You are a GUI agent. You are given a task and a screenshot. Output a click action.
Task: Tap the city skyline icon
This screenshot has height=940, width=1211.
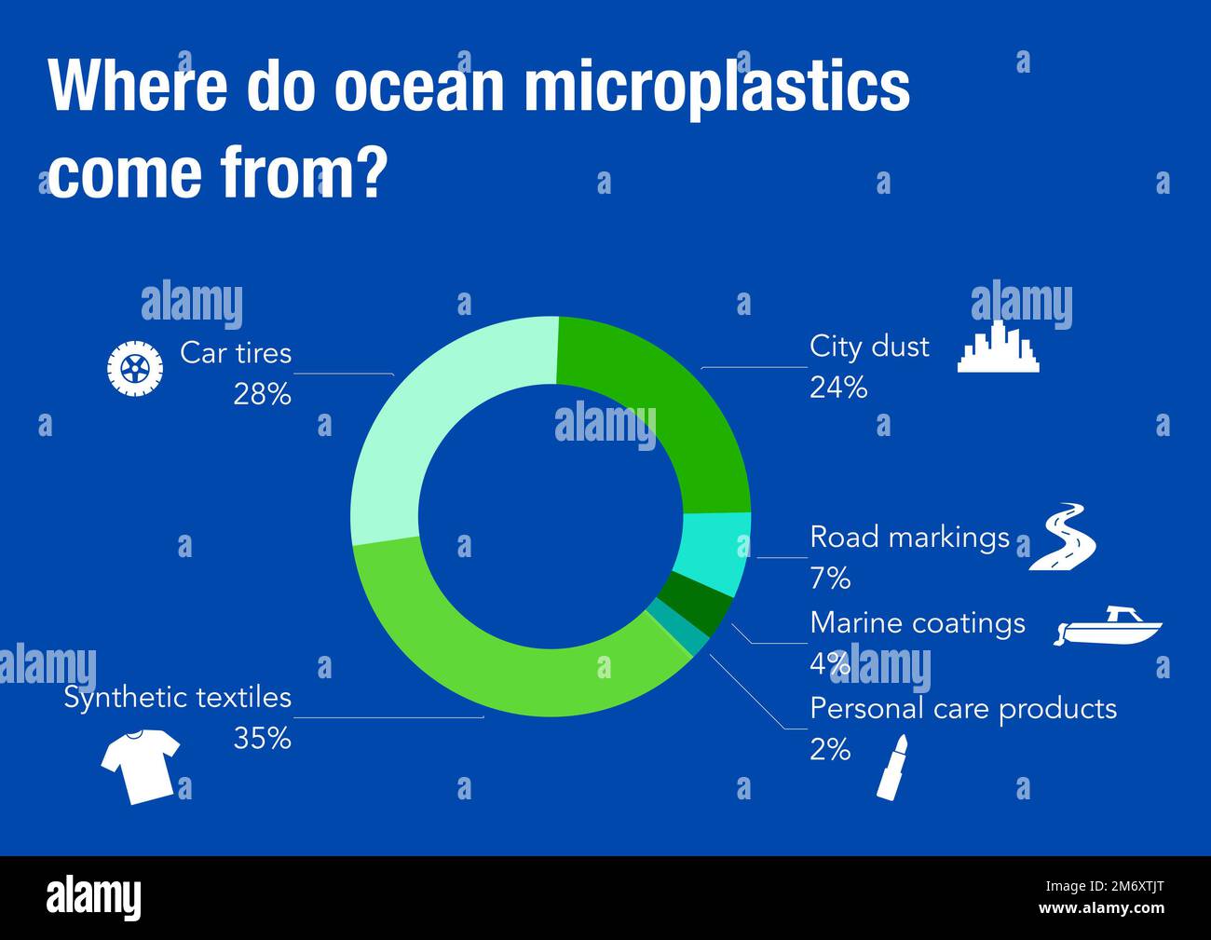tap(999, 348)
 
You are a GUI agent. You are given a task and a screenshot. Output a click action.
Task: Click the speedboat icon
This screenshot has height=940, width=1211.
tap(1109, 627)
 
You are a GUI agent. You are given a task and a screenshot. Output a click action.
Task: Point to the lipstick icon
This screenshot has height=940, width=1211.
tap(891, 766)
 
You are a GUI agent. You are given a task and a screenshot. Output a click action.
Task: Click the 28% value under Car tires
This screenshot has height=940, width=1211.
tap(262, 395)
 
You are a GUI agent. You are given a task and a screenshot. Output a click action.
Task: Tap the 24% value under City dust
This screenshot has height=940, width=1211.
tap(838, 388)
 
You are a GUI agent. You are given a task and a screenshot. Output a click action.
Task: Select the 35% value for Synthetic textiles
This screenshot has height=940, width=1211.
tap(262, 739)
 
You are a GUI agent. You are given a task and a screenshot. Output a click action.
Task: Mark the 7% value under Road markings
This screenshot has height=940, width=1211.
tap(830, 579)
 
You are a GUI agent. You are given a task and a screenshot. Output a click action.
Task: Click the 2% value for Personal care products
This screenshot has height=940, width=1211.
tap(830, 750)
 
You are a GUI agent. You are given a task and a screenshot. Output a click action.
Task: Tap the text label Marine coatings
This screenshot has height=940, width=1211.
tap(918, 622)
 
